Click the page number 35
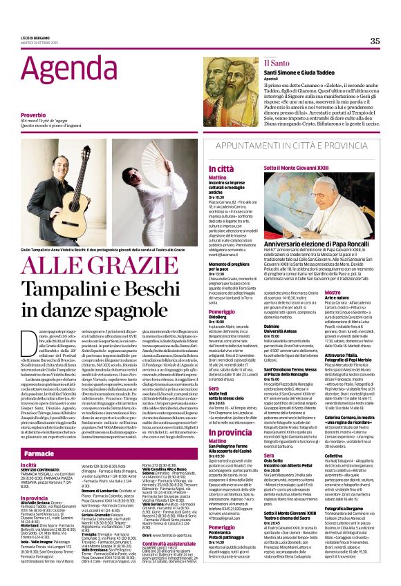(375, 41)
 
